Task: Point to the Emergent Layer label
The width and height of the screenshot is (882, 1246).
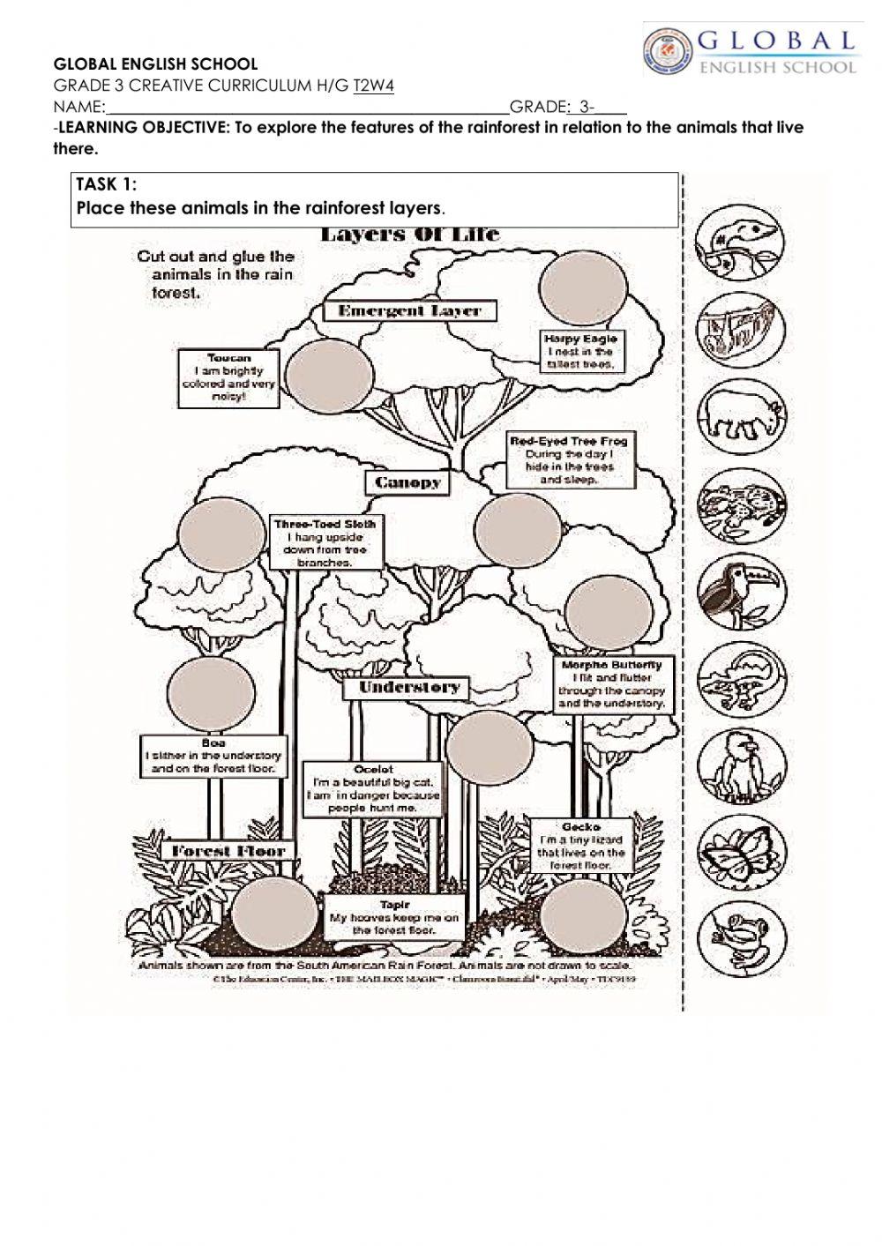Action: point(409,310)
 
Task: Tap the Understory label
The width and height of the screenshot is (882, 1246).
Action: point(407,687)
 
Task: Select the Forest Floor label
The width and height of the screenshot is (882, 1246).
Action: point(228,851)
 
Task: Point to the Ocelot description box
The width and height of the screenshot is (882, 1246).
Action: point(372,788)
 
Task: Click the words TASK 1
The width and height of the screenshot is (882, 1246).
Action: point(107,184)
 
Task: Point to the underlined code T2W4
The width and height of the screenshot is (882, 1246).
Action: point(373,86)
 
